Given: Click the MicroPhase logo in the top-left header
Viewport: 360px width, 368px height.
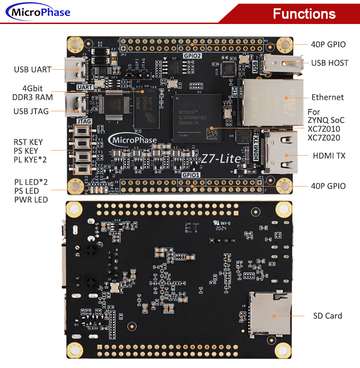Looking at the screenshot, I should pos(38,12).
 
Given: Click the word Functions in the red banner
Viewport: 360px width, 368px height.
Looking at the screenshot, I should pos(304,13).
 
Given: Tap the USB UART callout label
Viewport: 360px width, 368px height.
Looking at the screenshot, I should pos(32,70).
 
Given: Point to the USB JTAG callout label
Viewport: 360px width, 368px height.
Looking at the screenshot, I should pos(31,111).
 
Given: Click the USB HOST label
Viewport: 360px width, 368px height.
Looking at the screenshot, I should pos(330,63).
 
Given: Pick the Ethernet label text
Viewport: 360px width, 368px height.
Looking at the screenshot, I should pos(327,97).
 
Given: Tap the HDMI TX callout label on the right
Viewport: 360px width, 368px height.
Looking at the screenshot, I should pos(329,156).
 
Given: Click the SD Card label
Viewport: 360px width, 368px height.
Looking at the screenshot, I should pos(327,316).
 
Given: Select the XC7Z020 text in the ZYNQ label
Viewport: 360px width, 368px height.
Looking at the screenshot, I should pos(324,138).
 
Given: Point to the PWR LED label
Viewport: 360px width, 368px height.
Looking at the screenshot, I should pos(31,200).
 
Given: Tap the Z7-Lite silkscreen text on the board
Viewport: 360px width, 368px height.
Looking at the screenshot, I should pos(221,159).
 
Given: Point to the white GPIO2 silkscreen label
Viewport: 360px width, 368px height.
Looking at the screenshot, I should pos(192,55).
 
